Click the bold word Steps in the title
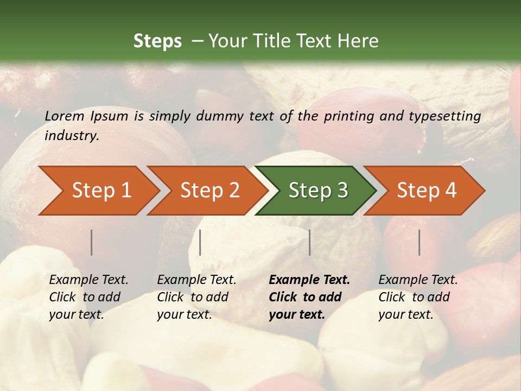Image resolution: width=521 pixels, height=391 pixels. click(x=157, y=41)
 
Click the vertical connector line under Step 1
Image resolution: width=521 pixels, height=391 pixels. click(x=92, y=242)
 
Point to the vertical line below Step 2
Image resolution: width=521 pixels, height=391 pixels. click(x=200, y=242)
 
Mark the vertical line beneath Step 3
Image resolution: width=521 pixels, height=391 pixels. click(x=310, y=242)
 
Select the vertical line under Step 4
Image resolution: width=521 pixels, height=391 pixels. click(x=420, y=242)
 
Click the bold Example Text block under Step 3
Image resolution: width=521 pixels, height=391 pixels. click(x=309, y=297)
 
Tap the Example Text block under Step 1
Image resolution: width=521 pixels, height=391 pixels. click(x=88, y=297)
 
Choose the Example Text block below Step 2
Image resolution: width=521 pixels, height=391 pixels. click(x=196, y=297)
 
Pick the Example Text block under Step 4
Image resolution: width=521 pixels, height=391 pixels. click(x=418, y=297)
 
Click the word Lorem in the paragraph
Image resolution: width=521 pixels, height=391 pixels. click(x=64, y=116)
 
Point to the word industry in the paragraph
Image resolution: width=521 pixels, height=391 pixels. click(x=71, y=136)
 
